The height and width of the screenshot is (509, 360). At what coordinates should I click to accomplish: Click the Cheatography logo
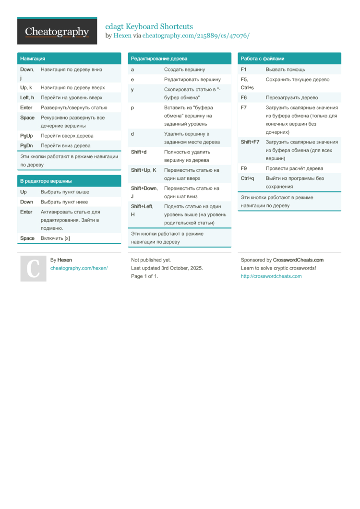57,32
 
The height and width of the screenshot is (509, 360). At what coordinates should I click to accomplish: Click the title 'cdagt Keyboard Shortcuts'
149,26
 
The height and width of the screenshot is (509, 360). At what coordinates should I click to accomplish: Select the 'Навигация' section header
33,59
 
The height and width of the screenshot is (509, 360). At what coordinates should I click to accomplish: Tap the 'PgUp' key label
26,136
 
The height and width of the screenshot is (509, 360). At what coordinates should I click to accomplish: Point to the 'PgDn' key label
26,145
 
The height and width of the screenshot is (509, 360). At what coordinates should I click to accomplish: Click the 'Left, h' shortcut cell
27,97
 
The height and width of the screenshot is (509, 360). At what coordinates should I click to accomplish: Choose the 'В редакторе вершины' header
46,181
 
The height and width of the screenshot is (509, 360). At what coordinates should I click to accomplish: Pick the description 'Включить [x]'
55,238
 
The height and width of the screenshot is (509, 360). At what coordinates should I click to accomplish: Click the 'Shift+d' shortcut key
139,152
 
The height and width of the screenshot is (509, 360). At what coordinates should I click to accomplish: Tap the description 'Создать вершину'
184,70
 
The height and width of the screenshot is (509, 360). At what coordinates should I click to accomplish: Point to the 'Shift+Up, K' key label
144,170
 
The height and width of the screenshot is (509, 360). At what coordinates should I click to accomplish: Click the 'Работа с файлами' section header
262,59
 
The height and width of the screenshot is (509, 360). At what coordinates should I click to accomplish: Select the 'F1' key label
244,70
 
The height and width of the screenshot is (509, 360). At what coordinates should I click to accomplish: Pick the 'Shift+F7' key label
250,142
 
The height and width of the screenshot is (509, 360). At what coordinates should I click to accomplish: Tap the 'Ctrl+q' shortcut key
247,178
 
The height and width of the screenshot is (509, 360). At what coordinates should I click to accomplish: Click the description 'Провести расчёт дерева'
294,168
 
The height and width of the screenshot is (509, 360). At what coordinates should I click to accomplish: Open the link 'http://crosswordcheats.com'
271,276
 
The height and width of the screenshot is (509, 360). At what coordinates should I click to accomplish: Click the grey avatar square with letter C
33,268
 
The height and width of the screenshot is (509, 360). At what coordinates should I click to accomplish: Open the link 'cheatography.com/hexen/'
79,268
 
